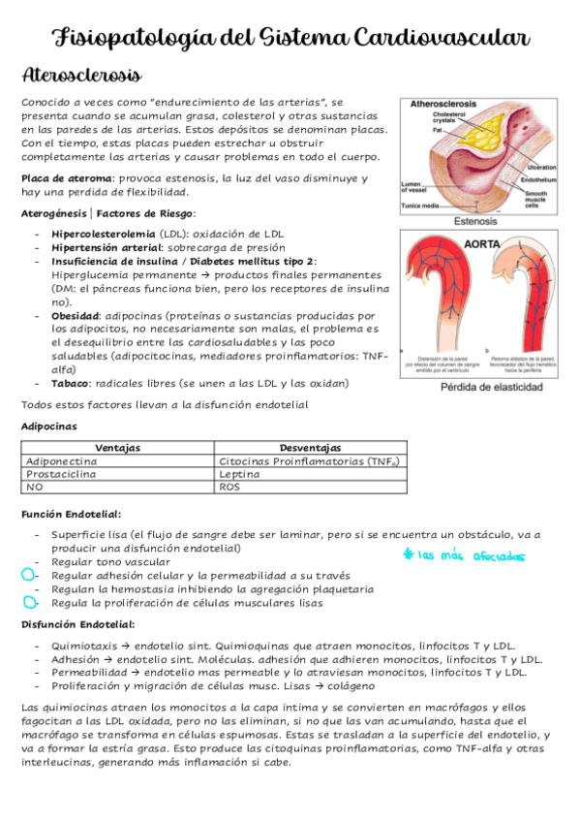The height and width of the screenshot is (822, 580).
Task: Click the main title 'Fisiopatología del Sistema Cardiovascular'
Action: click(x=290, y=38)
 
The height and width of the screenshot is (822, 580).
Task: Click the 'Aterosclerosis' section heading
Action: click(x=81, y=76)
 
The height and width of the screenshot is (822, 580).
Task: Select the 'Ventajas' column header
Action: click(x=118, y=448)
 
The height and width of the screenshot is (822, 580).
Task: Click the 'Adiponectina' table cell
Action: click(x=61, y=461)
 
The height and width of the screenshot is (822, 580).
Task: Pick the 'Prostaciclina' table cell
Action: click(x=61, y=475)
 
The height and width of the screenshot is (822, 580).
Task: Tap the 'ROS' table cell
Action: click(x=230, y=488)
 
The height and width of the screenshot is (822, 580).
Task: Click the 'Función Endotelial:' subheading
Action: click(x=71, y=514)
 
